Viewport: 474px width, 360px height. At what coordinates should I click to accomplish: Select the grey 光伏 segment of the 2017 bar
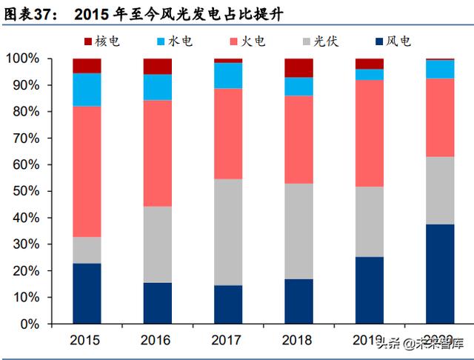tap(228, 232)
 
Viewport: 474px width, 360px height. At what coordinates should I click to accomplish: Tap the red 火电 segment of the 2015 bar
tap(87, 171)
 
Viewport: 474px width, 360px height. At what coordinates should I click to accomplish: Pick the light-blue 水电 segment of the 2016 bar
tap(157, 87)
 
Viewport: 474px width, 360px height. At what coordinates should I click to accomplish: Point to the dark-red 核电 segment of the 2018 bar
tap(298, 67)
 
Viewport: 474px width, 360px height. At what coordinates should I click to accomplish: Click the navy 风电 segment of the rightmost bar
tap(440, 273)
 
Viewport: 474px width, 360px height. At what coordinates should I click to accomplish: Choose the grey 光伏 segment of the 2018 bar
tap(298, 231)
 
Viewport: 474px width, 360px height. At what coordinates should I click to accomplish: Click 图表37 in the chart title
tap(30, 13)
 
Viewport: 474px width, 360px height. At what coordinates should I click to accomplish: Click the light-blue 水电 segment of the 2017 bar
tap(228, 76)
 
